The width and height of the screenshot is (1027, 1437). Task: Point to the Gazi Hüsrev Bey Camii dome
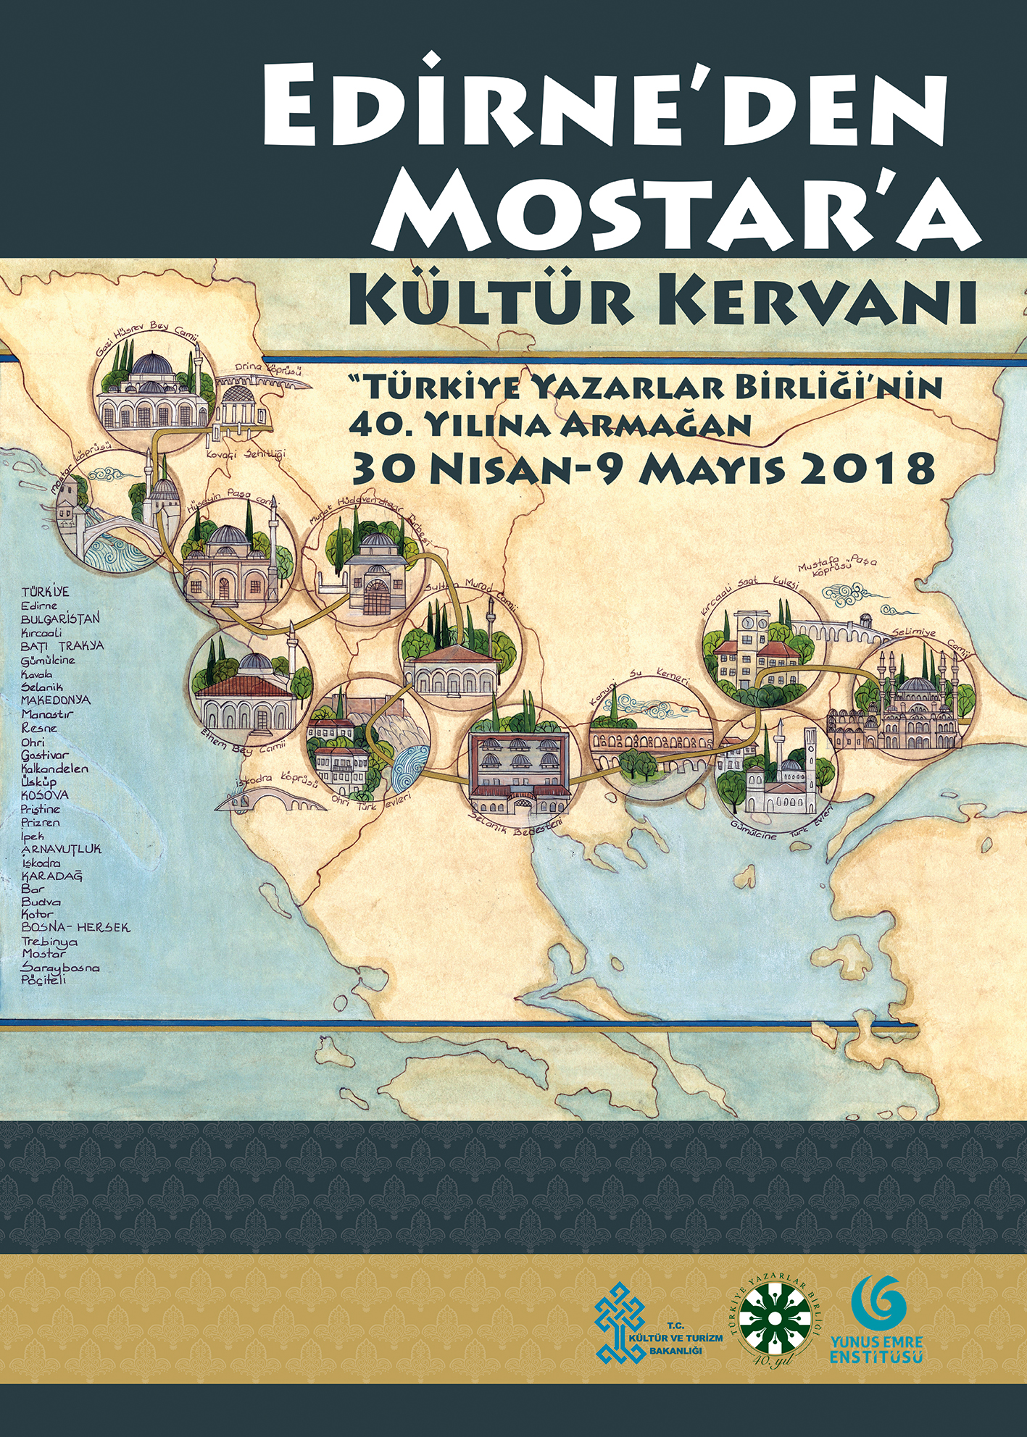click(151, 366)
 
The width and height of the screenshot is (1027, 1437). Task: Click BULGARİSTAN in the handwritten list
click(61, 619)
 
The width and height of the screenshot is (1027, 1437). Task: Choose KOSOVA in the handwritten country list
click(45, 795)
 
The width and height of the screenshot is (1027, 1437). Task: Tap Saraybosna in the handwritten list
click(61, 968)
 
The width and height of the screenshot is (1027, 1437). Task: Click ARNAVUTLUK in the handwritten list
click(61, 849)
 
